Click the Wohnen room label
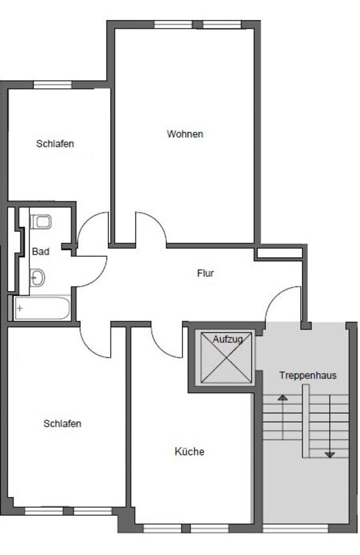pos(185,134)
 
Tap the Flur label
pos(205,273)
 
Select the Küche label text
pos(189,451)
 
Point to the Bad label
pos(41,252)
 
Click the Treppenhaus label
pos(308,376)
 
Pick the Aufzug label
pos(228,339)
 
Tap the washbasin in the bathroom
pos(37,277)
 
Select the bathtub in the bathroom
pos(42,308)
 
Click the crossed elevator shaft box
pos(227,358)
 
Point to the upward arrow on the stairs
pos(283,416)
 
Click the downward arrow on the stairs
pos(330,426)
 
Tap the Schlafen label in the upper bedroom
pos(55,144)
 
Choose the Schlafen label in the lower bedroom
pos(63,424)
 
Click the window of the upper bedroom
pos(53,85)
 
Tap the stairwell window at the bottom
pos(295,529)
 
